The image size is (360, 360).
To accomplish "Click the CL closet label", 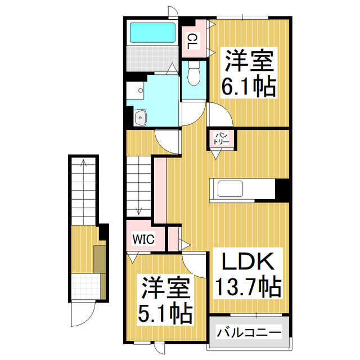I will point(192,40).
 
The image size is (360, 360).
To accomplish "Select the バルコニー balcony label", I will point(249,332).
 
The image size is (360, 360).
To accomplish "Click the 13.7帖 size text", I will point(247,288).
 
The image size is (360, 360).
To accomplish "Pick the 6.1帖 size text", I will point(250,87).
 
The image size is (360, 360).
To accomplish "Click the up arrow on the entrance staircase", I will point(83,164).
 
